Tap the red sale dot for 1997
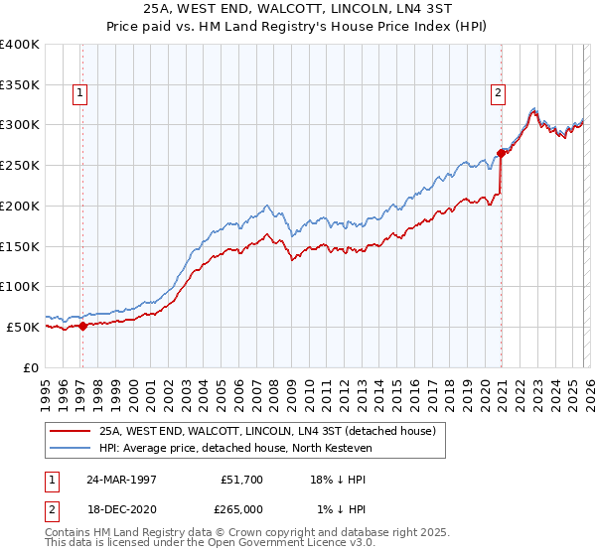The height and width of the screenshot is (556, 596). point(82,325)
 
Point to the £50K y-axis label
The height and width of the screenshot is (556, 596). point(23,327)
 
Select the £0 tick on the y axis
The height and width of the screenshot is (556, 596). point(32,367)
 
